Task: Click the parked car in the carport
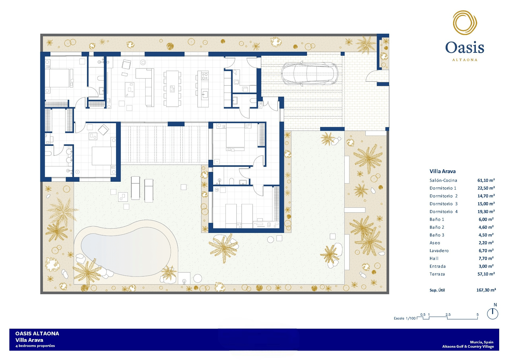(309, 73)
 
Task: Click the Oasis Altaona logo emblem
(465, 23)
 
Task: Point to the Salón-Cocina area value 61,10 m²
(486, 180)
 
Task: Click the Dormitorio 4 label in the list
(444, 212)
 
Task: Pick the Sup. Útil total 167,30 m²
(486, 290)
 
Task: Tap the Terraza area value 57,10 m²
(486, 274)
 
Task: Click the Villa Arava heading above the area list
(442, 171)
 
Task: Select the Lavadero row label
(439, 251)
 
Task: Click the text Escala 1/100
(405, 318)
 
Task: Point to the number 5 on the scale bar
(477, 315)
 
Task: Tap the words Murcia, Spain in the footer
(481, 342)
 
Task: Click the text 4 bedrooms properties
(35, 346)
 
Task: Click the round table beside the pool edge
(198, 278)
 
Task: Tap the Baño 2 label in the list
(437, 227)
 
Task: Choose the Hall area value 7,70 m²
(486, 258)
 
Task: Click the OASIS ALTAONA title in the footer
(37, 334)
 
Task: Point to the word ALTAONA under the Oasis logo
(465, 60)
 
